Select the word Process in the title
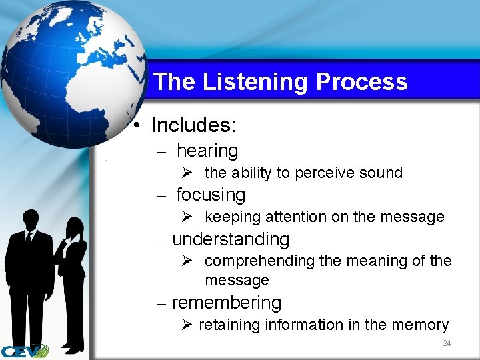[x=361, y=82]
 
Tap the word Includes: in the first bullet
[x=194, y=125]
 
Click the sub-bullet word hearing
[x=207, y=151]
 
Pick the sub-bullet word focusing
[x=210, y=195]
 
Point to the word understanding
[x=231, y=239]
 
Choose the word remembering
[x=227, y=303]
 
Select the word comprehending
[x=260, y=261]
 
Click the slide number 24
[x=447, y=343]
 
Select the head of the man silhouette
[x=29, y=219]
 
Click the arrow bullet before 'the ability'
[x=187, y=173]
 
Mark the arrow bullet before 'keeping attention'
[x=187, y=217]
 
